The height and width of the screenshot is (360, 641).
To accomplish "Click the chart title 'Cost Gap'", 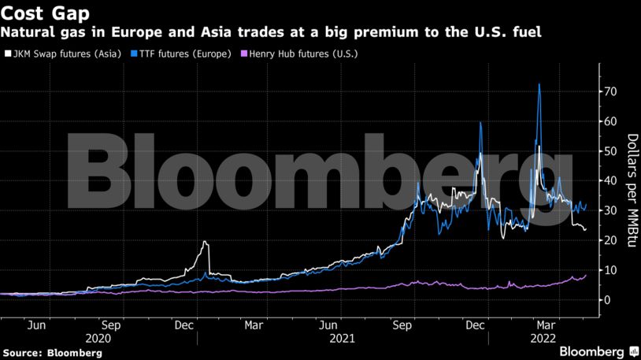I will (x=45, y=13).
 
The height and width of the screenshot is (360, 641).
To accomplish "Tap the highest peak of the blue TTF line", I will (x=539, y=84).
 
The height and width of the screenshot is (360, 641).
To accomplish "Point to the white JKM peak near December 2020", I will (x=205, y=242).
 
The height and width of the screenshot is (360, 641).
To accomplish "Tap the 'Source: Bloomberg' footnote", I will (x=52, y=353).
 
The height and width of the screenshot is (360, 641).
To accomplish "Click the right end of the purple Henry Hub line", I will (x=586, y=275).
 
